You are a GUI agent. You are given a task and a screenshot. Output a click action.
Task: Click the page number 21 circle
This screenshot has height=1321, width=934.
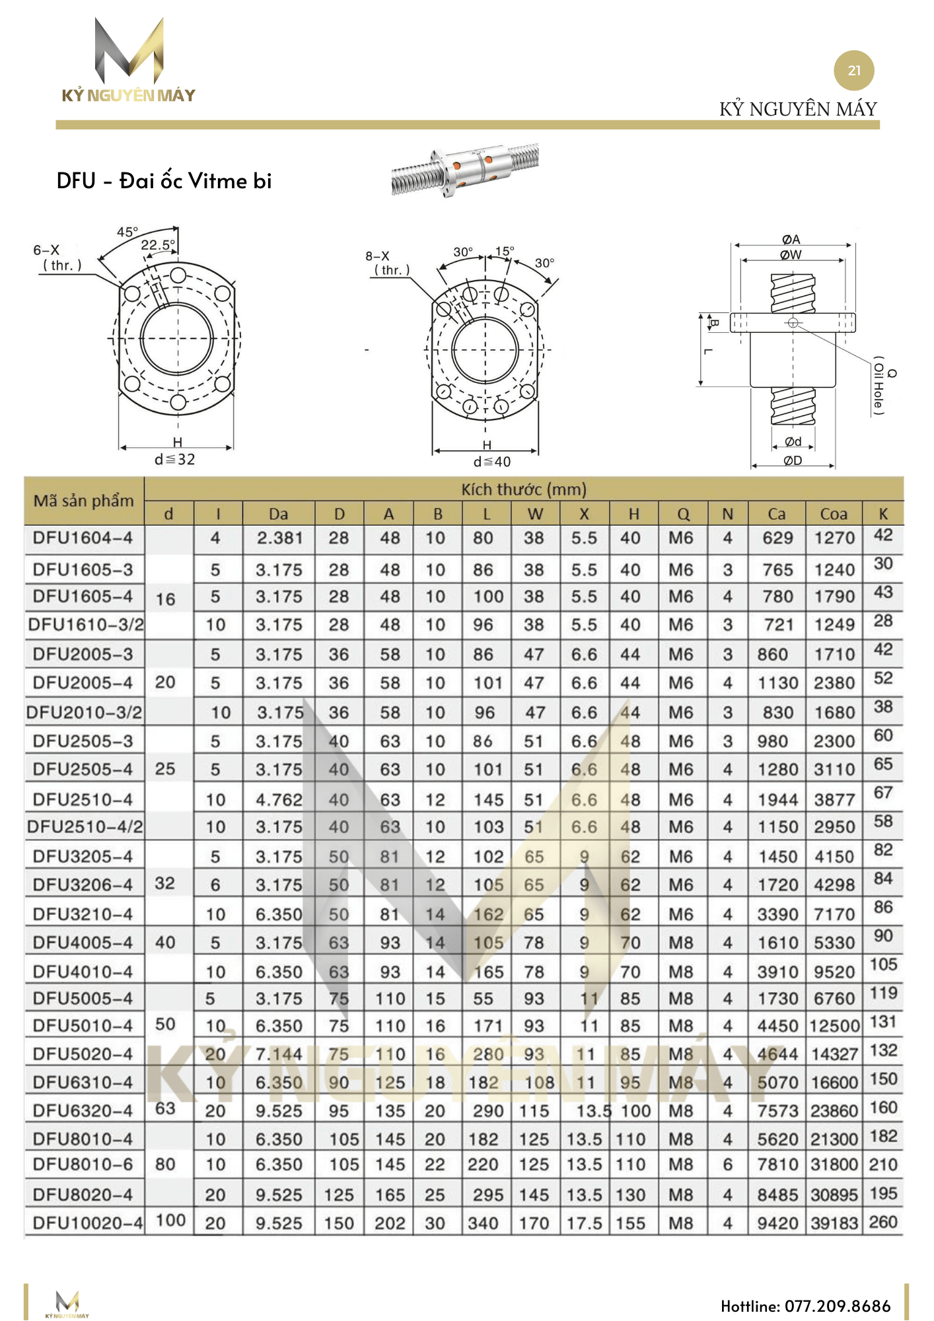click(x=853, y=71)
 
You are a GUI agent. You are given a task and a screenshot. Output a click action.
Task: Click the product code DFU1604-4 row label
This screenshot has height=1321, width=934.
click(x=83, y=538)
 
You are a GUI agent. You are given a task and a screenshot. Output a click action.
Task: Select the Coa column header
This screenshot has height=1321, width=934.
click(x=834, y=514)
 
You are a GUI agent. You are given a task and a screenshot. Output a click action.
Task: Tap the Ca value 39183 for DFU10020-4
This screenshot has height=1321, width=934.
click(x=834, y=1223)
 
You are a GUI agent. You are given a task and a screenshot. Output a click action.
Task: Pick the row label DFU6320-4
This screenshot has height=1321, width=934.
click(x=83, y=1111)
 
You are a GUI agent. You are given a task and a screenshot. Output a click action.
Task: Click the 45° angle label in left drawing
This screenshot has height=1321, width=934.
click(x=127, y=232)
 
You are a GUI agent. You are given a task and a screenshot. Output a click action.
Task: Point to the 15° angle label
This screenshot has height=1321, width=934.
click(x=505, y=252)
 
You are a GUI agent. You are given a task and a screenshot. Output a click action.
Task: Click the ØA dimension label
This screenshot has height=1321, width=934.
click(x=791, y=239)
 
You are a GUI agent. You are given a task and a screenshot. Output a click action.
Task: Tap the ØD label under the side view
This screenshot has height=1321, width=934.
click(x=793, y=460)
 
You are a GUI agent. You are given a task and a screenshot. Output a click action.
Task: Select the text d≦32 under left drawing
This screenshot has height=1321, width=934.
click(x=175, y=459)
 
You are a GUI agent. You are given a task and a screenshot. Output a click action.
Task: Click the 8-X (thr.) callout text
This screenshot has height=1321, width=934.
click(x=388, y=263)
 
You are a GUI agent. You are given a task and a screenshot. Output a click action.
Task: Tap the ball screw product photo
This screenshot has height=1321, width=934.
click(x=464, y=169)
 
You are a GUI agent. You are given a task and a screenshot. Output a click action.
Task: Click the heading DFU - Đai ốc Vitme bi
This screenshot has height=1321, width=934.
click(x=164, y=181)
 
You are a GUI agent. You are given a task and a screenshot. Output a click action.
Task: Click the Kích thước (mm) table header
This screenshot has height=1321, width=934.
click(x=523, y=489)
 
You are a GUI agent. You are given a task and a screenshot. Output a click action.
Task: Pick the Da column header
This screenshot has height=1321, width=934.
click(x=278, y=514)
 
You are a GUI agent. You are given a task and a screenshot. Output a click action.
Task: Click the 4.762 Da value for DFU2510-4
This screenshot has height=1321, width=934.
click(x=279, y=800)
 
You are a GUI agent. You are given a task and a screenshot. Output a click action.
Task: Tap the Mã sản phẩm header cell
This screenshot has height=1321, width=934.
click(x=84, y=501)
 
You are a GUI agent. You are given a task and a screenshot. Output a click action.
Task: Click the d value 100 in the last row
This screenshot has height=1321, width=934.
click(x=170, y=1220)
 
